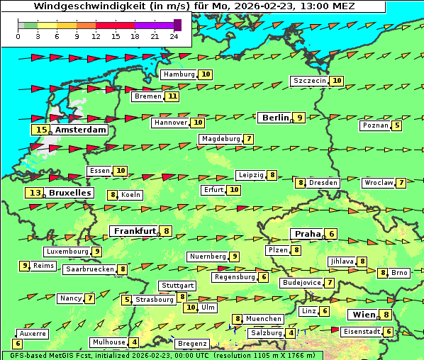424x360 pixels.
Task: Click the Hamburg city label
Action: click(179, 74)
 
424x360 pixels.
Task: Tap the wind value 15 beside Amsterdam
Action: click(41, 130)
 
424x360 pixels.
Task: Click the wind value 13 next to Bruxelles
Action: click(35, 193)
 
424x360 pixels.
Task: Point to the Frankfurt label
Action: click(135, 231)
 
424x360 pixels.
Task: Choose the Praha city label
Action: click(308, 234)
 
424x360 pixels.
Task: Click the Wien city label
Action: click(363, 315)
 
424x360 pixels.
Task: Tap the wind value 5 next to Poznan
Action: click(397, 126)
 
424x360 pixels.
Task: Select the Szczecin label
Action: click(310, 81)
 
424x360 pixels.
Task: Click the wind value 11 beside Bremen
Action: click(172, 96)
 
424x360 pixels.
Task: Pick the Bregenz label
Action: click(192, 344)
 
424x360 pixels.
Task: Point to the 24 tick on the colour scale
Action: click(174, 36)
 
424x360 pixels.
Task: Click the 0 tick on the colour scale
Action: click(18, 36)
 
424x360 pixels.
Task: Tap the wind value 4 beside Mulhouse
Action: click(134, 342)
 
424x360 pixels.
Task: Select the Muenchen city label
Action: click(264, 319)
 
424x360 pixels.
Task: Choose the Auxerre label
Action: click(33, 333)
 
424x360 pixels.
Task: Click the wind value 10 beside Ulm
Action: click(190, 308)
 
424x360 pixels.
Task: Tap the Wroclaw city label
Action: click(378, 183)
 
